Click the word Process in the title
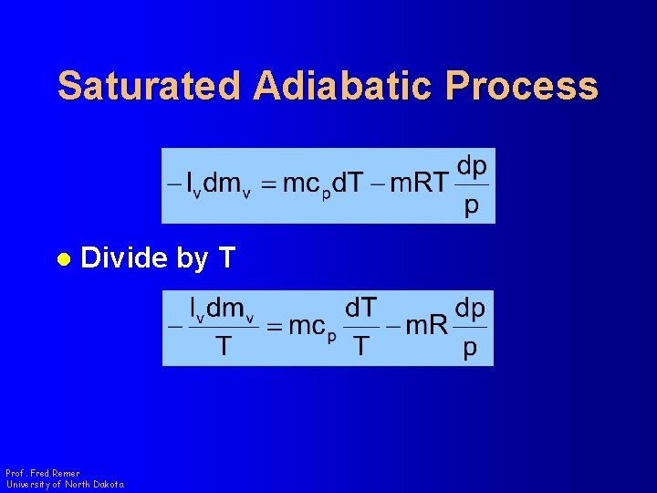click(522, 87)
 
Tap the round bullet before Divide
click(63, 259)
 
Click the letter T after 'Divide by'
click(227, 259)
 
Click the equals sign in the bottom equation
click(273, 327)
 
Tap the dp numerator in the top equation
click(471, 166)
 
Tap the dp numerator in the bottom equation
click(470, 309)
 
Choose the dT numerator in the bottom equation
click(362, 308)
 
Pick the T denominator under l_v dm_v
click(222, 347)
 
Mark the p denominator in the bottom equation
click(470, 348)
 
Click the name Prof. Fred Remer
click(42, 473)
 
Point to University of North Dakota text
click(64, 484)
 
